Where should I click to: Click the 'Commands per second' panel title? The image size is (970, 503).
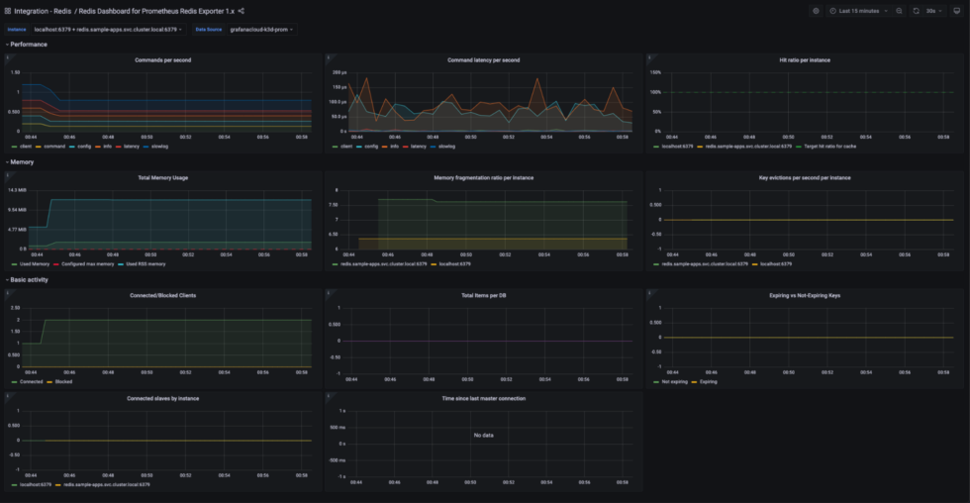[162, 60]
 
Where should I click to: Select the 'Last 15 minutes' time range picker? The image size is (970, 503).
[858, 11]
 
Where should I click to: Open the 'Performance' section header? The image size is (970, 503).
[28, 45]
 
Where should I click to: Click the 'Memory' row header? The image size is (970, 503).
[22, 161]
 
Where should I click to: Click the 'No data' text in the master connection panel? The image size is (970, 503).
[483, 436]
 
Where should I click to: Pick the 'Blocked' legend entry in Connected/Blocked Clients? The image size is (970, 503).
[63, 381]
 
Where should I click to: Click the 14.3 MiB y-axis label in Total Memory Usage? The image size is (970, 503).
[16, 189]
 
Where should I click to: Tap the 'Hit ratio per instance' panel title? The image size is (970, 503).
[804, 60]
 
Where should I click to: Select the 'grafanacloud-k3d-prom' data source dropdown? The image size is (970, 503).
[260, 29]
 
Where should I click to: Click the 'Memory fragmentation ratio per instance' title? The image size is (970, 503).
[483, 177]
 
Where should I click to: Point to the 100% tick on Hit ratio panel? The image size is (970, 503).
[655, 72]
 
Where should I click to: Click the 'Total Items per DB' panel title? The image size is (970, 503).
[483, 295]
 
